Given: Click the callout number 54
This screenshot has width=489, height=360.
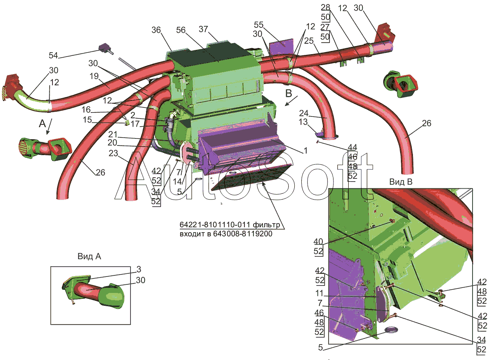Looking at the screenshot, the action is [x=53, y=55].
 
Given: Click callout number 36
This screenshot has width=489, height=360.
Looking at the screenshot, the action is [x=156, y=30].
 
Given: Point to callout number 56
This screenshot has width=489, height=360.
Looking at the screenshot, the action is [x=181, y=30].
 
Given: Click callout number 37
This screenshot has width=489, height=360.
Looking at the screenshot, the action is [x=203, y=29].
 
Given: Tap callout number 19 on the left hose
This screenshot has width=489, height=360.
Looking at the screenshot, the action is [x=94, y=76].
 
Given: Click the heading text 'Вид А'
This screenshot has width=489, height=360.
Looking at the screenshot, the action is [x=89, y=256].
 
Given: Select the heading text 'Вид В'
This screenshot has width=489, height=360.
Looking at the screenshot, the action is [x=401, y=182].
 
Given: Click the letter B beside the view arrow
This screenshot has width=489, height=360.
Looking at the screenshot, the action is [x=289, y=93].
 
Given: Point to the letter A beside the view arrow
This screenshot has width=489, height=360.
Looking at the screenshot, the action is [x=42, y=124].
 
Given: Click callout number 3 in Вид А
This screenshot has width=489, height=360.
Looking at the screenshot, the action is [x=139, y=269].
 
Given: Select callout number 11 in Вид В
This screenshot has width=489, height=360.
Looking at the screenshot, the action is [x=319, y=293].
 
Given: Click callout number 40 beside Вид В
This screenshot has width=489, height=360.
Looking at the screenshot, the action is [x=318, y=242].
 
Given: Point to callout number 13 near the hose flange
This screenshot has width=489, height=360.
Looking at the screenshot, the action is [x=303, y=122].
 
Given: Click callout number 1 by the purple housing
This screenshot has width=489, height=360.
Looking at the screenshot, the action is [x=306, y=151].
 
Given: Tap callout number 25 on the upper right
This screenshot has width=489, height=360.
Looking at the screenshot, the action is [x=309, y=41].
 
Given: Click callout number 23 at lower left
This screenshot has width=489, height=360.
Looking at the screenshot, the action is [x=113, y=153].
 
